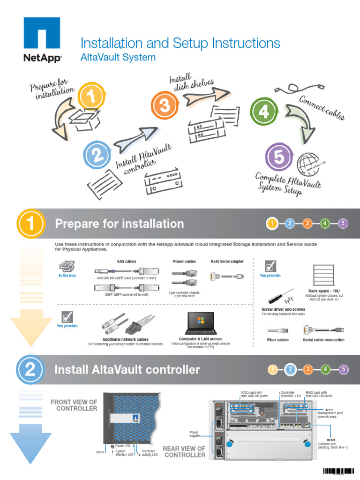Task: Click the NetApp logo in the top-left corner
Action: (x=42, y=39)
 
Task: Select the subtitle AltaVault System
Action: (x=118, y=58)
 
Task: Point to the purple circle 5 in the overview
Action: (x=278, y=157)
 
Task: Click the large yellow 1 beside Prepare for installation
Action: (x=30, y=224)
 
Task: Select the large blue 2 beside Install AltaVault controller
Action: (x=30, y=370)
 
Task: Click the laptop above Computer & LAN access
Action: (x=200, y=323)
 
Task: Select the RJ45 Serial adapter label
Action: (x=227, y=261)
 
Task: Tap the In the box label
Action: (x=67, y=276)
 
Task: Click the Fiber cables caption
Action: (x=278, y=340)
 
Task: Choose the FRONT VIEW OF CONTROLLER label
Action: (x=74, y=405)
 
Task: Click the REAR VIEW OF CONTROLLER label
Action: (x=184, y=452)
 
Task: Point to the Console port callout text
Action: (x=333, y=445)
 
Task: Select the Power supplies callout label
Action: (x=195, y=434)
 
